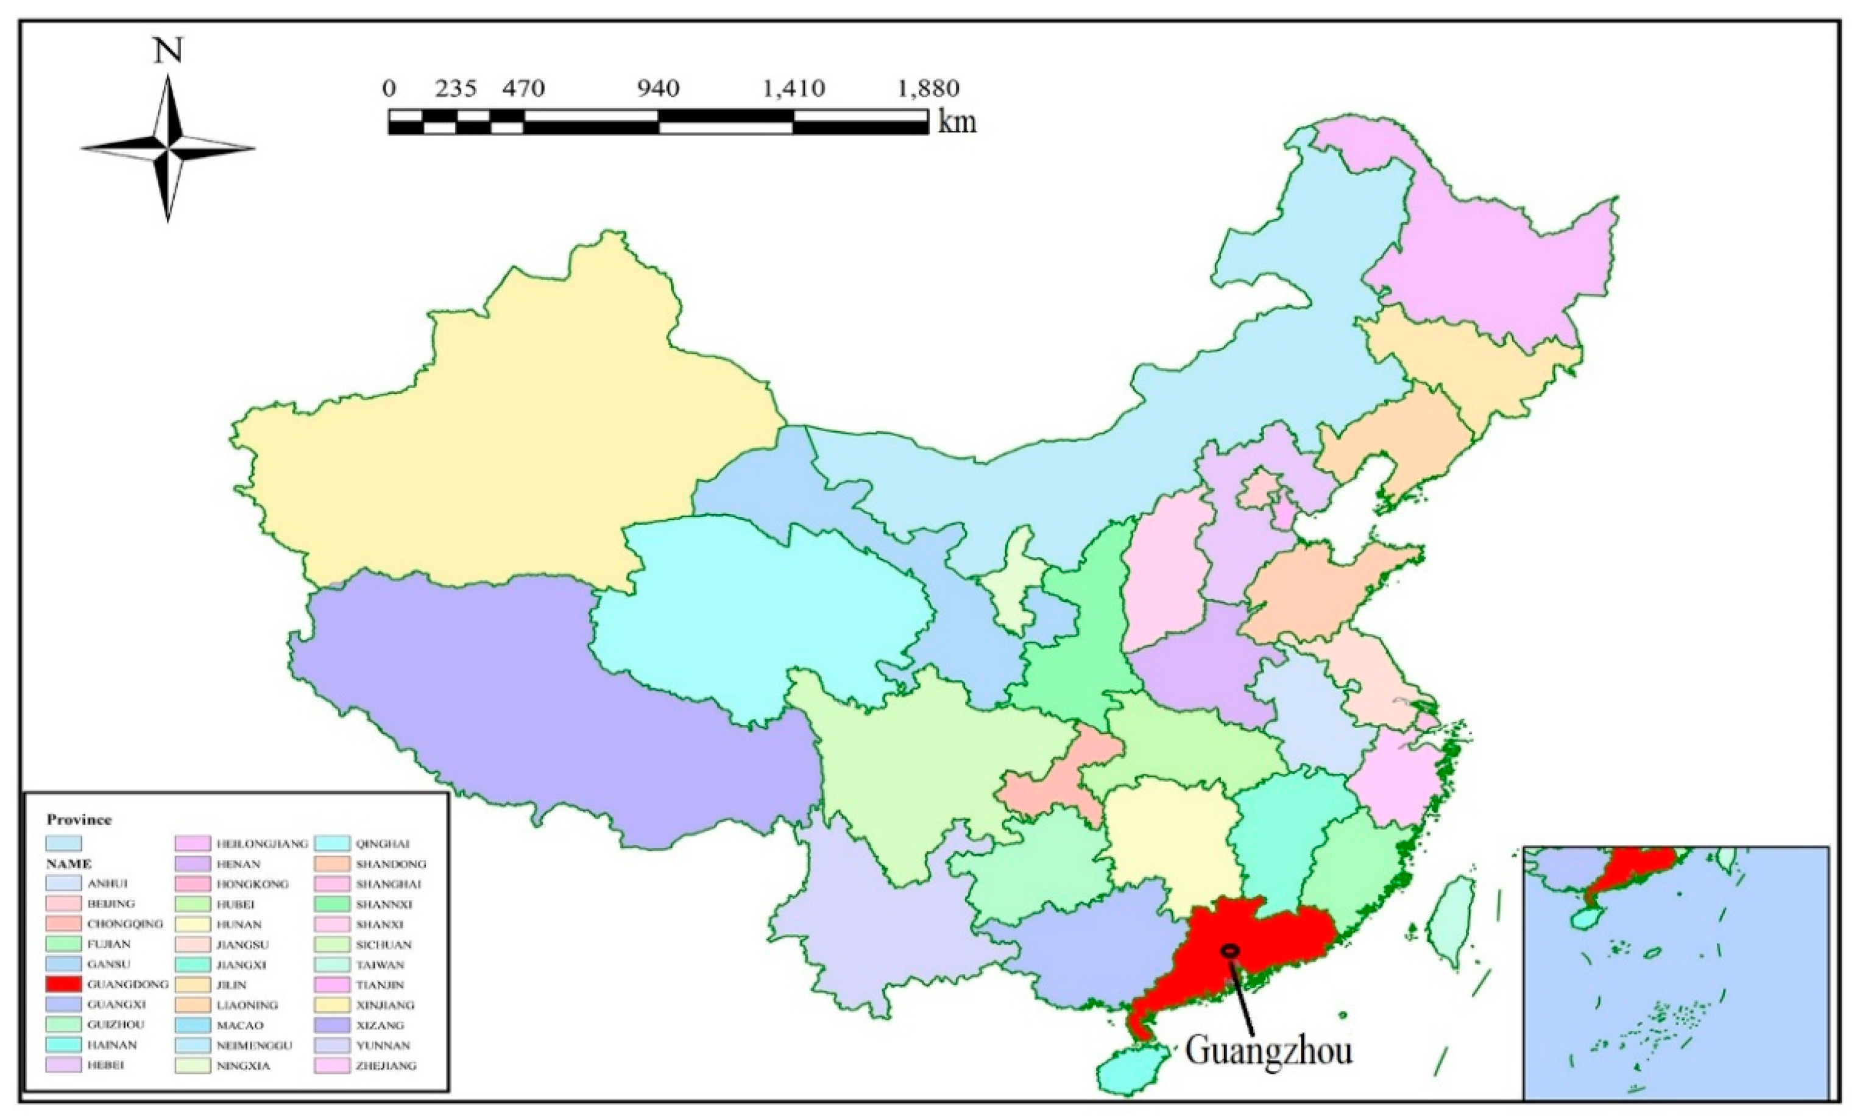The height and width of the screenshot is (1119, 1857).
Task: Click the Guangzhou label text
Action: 1268,1050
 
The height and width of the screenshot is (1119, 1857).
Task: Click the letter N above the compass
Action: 168,51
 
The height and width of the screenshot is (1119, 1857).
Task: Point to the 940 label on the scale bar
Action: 658,89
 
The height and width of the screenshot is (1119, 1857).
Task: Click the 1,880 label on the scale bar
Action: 928,89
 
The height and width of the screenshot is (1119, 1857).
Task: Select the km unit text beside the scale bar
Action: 957,121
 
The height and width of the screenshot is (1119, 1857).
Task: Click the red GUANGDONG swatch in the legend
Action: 63,984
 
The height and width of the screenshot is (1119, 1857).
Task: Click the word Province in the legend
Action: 79,819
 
